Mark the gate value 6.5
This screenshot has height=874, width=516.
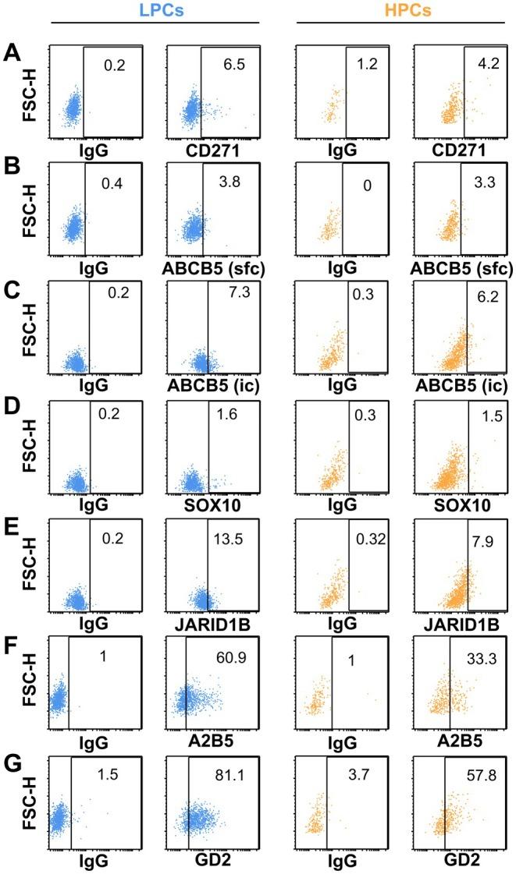pyautogui.click(x=230, y=66)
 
